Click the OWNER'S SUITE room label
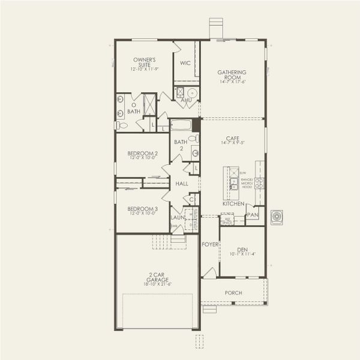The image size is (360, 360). tap(144, 62)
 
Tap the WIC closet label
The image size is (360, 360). tap(185, 62)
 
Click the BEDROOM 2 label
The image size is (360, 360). tap(143, 154)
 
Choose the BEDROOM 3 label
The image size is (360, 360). tap(143, 209)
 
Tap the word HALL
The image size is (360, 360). tap(182, 184)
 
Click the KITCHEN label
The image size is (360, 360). tap(233, 204)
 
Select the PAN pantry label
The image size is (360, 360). tap(253, 214)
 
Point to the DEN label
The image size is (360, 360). tap(242, 249)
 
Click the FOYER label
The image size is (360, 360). tap(209, 244)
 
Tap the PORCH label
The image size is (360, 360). tap(233, 293)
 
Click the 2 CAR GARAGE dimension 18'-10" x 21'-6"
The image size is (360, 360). tap(158, 284)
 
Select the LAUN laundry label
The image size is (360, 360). tap(178, 217)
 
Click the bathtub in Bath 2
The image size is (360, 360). tap(181, 125)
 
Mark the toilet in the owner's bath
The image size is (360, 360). tap(122, 125)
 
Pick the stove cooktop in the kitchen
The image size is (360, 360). tap(259, 182)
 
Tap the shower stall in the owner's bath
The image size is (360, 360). tap(149, 104)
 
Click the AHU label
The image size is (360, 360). tap(187, 100)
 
